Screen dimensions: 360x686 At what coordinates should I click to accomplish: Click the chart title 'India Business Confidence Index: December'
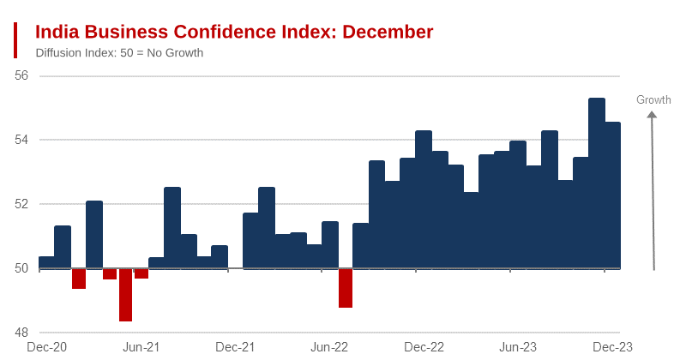point(233,33)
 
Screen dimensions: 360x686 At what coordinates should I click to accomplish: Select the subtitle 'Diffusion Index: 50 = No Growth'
point(119,53)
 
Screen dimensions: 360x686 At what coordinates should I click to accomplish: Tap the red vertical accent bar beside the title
point(16,39)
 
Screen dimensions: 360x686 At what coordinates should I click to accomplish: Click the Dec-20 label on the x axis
point(46,347)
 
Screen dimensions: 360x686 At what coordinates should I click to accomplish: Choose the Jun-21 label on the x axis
point(141,347)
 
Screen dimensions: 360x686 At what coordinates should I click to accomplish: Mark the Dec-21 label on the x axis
point(236,347)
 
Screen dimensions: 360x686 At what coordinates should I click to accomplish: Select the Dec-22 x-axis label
point(424,347)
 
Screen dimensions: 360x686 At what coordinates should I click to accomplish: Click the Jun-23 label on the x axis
point(518,347)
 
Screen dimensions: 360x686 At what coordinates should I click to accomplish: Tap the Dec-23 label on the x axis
point(612,347)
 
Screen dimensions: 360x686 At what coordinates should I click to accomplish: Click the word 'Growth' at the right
point(653,100)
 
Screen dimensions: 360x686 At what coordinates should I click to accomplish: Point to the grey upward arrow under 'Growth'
point(653,189)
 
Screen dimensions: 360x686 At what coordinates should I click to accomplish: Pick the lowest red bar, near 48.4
point(125,295)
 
